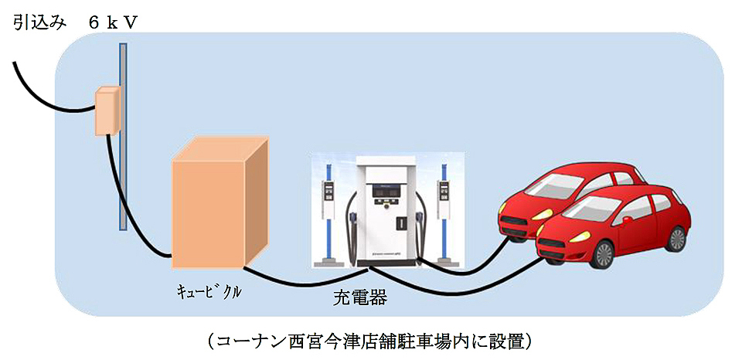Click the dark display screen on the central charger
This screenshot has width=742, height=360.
383,188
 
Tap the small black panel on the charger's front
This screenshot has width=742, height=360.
400,222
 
